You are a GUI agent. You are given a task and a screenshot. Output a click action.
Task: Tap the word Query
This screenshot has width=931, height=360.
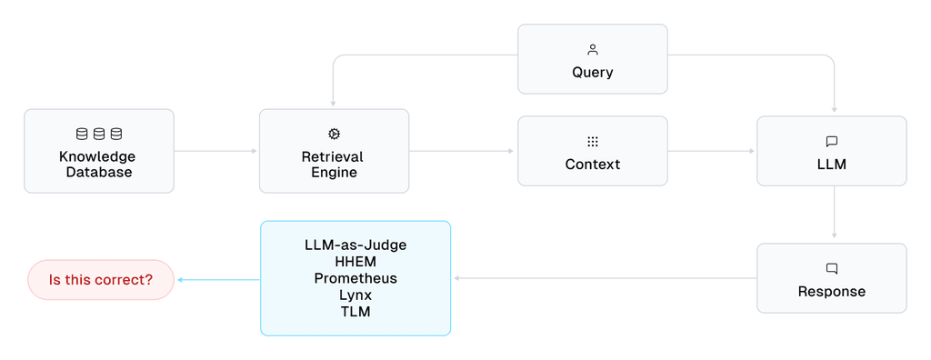593,73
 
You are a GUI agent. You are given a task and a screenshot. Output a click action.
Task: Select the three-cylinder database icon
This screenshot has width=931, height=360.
99,134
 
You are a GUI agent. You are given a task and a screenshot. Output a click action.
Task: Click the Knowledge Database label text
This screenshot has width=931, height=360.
99,165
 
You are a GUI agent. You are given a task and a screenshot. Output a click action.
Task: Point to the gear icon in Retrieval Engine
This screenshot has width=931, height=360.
334,134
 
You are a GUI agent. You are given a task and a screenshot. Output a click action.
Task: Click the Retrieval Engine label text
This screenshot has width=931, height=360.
334,165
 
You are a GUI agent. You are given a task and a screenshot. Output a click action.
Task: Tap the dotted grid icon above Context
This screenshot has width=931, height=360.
593,142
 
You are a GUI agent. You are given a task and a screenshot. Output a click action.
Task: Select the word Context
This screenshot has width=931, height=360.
593,165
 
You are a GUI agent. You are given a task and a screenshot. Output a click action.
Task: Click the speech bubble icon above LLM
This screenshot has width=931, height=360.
831,142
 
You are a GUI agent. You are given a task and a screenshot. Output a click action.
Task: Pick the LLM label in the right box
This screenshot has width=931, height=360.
831,165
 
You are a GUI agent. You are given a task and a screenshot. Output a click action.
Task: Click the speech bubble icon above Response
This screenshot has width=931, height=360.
831,269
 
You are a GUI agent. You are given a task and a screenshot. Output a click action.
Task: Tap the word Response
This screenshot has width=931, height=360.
831,292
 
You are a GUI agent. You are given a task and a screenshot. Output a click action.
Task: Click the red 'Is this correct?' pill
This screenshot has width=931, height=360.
101,280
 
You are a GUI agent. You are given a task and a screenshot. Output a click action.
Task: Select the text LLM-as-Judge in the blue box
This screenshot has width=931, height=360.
355,245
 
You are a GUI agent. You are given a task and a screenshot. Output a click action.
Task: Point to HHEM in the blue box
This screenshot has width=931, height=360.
355,262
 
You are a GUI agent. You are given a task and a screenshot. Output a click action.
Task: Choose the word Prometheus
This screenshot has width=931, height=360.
355,278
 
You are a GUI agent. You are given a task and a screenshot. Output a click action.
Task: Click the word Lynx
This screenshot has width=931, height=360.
355,295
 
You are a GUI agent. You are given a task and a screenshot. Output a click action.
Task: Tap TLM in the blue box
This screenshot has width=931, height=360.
355,312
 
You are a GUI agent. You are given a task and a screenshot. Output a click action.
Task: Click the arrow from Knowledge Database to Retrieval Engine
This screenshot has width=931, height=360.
216,151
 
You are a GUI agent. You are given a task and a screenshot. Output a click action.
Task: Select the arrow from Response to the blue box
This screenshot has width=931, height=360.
604,278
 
